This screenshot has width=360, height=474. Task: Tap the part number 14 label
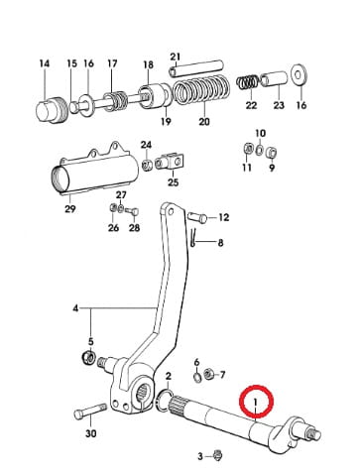[x=45, y=63]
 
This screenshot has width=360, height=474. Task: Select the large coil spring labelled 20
[x=200, y=91]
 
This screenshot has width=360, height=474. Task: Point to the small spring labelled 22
[x=247, y=82]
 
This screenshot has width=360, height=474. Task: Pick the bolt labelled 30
[x=90, y=412]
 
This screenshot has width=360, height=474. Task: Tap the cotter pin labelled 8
[x=193, y=237]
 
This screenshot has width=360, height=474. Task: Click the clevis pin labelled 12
[x=197, y=217]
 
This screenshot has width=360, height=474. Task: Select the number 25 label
[x=173, y=182]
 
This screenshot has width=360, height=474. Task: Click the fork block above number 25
[x=170, y=162]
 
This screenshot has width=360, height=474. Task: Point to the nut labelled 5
[x=88, y=357]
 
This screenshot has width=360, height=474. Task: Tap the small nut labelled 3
[x=218, y=455]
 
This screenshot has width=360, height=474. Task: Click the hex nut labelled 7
[x=208, y=374]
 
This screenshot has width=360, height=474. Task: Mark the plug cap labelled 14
[x=52, y=110]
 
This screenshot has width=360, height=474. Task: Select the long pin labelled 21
[x=196, y=68]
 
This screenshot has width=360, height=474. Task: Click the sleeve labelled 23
[x=275, y=79]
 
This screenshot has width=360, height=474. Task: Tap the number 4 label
[x=76, y=308]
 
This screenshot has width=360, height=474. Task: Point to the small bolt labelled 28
[x=132, y=211]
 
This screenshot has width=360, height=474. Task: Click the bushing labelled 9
[x=272, y=153]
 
